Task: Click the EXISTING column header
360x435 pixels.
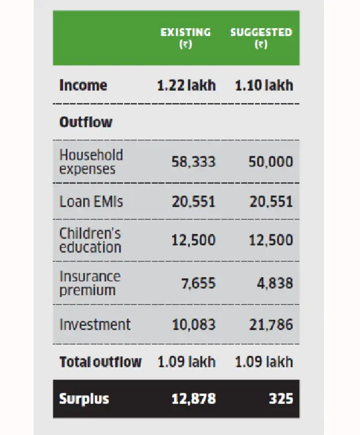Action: point(186,38)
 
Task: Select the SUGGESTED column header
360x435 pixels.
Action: point(261,38)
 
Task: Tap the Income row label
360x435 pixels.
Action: point(83,85)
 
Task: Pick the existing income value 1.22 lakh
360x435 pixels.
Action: point(186,85)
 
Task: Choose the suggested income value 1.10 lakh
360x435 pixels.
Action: point(264,85)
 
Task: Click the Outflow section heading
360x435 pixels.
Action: point(86,122)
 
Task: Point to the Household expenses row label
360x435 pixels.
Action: point(91,161)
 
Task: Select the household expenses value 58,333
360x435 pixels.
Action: point(193,162)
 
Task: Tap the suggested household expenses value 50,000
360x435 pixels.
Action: point(271,162)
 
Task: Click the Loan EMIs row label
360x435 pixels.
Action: point(91,201)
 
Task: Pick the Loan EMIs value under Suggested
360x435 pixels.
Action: point(271,201)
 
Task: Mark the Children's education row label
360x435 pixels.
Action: point(91,240)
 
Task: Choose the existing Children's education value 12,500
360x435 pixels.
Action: point(193,240)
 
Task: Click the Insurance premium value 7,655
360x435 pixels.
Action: point(197,283)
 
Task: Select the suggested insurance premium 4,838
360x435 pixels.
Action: point(275,283)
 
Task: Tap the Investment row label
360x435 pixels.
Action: point(95,324)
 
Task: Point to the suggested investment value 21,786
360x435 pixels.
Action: point(271,324)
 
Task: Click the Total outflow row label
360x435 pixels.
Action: point(100,361)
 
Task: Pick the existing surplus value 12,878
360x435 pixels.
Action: point(193,399)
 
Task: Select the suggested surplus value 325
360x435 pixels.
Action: point(282,399)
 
